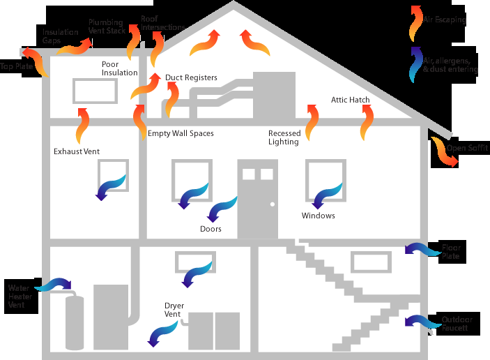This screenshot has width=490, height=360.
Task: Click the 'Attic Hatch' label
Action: point(350,100)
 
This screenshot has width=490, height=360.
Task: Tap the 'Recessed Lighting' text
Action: point(284,137)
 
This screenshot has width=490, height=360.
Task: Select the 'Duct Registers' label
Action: point(191,77)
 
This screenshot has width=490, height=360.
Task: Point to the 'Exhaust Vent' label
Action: point(77,151)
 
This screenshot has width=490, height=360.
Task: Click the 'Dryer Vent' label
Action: point(174,310)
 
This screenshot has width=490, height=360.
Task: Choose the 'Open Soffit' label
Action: point(468,148)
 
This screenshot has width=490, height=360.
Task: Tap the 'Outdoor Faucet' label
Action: point(457,324)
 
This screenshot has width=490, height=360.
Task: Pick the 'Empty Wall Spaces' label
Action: point(181,133)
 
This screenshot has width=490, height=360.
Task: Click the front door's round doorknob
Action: point(273,204)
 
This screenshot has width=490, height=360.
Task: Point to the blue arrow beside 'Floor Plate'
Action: point(420,249)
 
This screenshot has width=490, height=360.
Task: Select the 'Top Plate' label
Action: point(15,66)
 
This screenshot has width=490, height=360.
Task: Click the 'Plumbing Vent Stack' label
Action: point(107,27)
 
